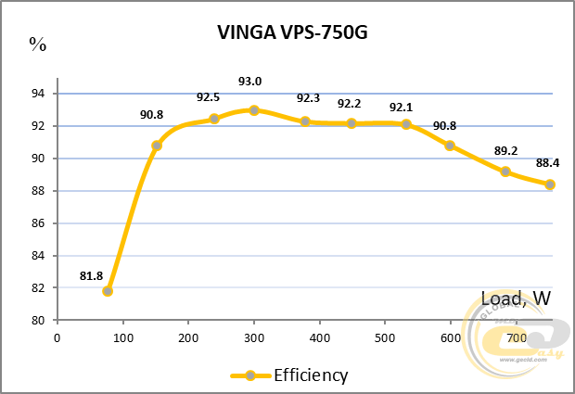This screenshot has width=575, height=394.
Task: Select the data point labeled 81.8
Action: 108,291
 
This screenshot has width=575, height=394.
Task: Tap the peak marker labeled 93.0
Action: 254,109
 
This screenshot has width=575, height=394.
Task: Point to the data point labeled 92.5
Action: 214,119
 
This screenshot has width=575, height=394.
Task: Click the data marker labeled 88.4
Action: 550,184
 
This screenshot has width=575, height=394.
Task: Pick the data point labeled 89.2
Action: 505,172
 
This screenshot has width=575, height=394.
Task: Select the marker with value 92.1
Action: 406,124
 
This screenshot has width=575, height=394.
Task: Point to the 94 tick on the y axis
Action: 38,94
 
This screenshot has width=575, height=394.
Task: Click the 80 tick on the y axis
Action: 38,321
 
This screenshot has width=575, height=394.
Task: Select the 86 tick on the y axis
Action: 38,223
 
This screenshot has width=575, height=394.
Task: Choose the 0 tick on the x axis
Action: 57,337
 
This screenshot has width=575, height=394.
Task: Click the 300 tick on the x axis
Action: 254,337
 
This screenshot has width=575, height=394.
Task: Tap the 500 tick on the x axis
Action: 385,337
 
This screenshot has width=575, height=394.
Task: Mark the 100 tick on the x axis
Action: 123,337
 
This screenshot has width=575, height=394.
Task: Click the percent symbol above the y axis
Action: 37,43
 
